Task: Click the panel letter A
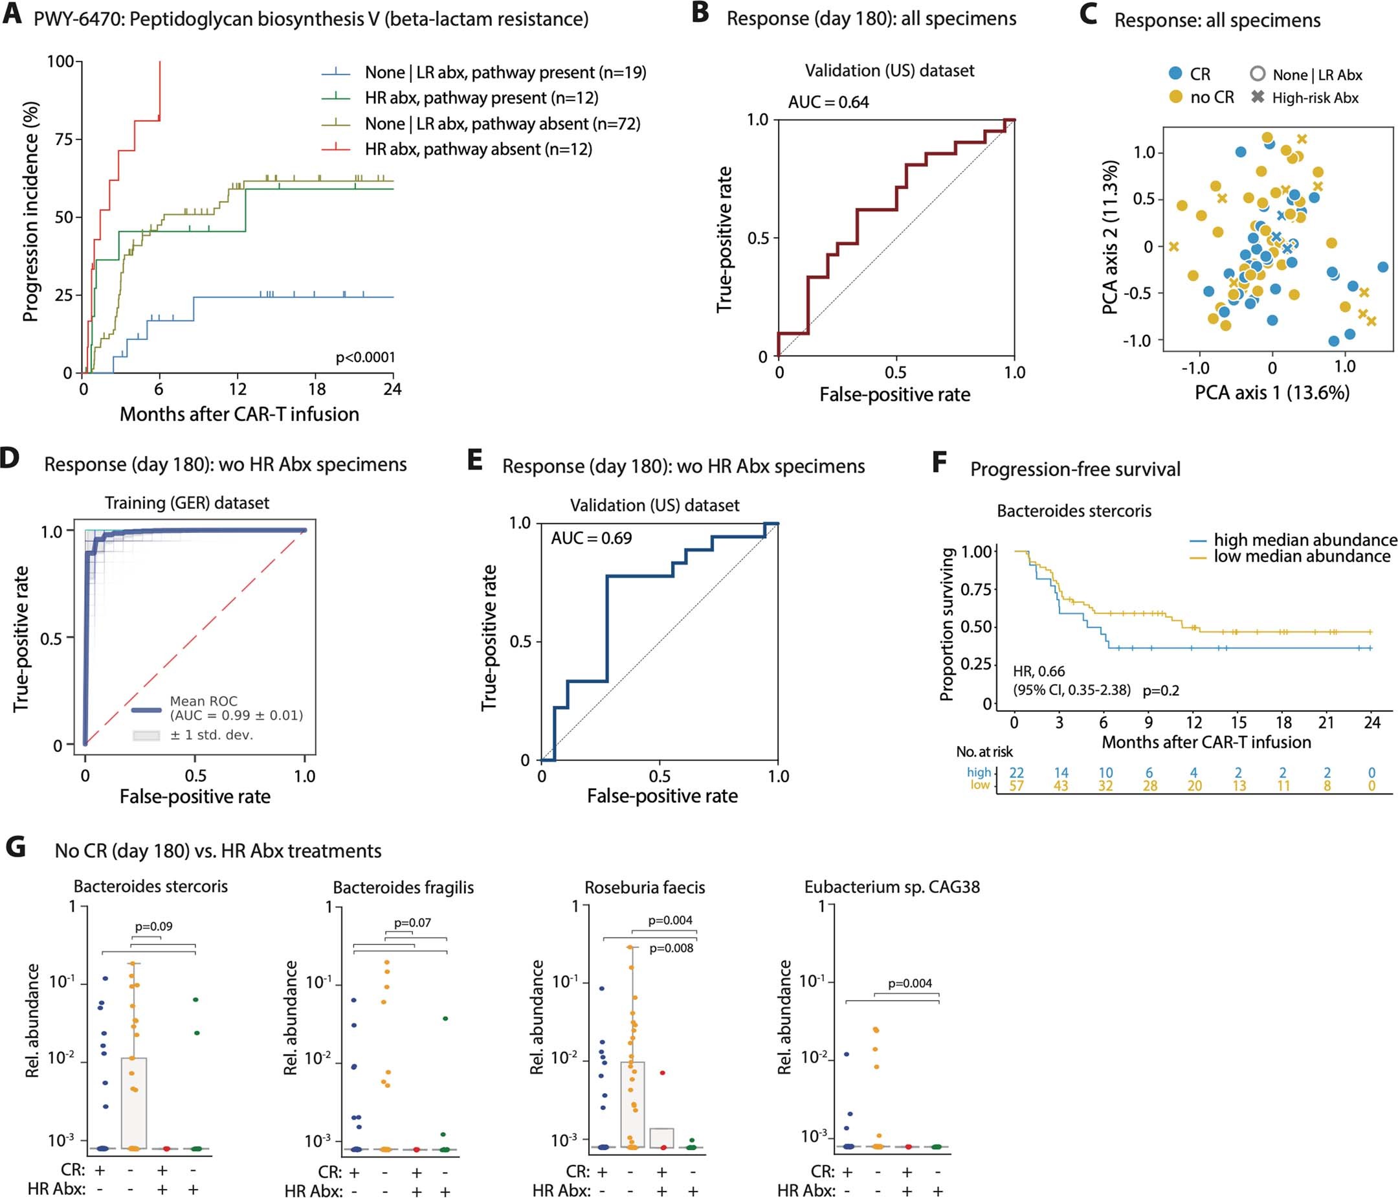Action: tap(12, 15)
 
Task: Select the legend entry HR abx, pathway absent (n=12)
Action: tap(478, 149)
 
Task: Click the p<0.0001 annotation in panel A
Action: tap(365, 357)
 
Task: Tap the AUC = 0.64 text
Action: tap(828, 102)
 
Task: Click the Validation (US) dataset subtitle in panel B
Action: tap(889, 71)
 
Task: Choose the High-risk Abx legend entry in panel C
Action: tap(1315, 98)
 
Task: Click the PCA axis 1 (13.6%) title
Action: tap(1272, 393)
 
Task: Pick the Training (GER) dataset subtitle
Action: tap(187, 503)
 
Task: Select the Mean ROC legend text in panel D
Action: tap(203, 701)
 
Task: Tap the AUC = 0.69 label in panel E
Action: tap(591, 538)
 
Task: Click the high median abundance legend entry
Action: tap(1304, 540)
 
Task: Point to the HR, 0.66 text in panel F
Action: tap(1038, 672)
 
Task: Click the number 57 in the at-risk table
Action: tap(1016, 785)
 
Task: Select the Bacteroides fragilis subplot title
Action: tap(403, 888)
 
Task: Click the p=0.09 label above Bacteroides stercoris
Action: tap(153, 926)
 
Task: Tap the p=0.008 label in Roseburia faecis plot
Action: tap(671, 948)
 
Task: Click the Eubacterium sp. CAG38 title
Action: tap(891, 887)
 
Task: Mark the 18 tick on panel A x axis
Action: tap(316, 389)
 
